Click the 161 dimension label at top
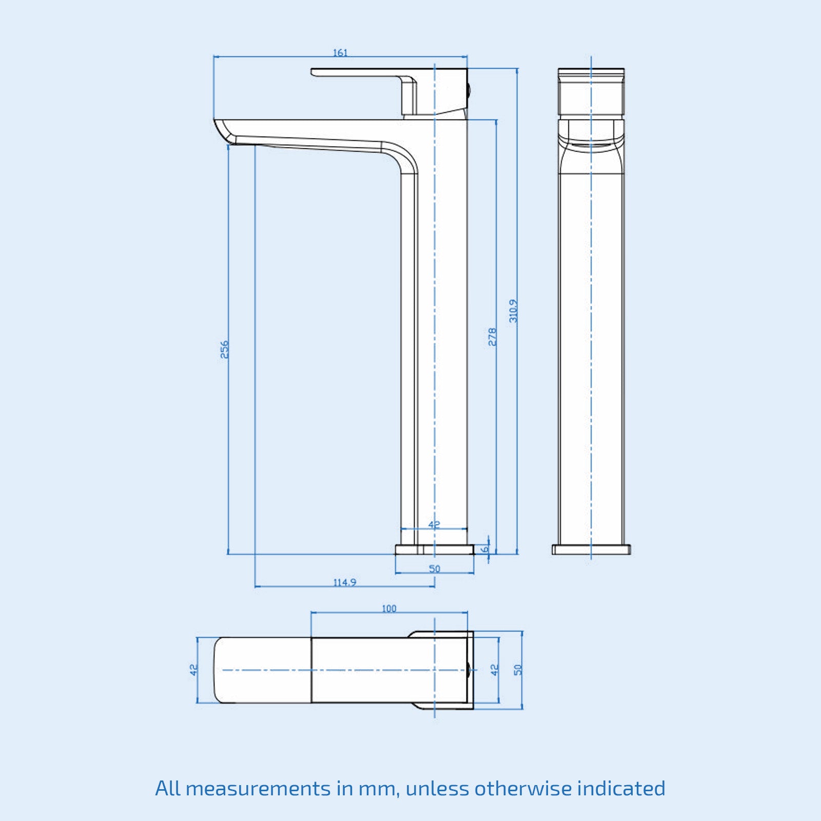pyautogui.click(x=340, y=52)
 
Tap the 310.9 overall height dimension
pyautogui.click(x=514, y=311)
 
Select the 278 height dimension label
pyautogui.click(x=493, y=337)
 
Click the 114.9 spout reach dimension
pyautogui.click(x=345, y=582)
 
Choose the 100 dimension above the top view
pyautogui.click(x=389, y=609)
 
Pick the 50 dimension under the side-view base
pyautogui.click(x=435, y=569)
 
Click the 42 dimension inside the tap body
pyautogui.click(x=434, y=524)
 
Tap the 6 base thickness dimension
pyautogui.click(x=484, y=549)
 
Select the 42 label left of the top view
pyautogui.click(x=193, y=670)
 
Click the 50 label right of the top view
pyautogui.click(x=518, y=670)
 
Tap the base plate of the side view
pyautogui.click(x=435, y=550)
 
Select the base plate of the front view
pyautogui.click(x=591, y=550)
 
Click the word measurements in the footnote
pyautogui.click(x=258, y=788)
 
